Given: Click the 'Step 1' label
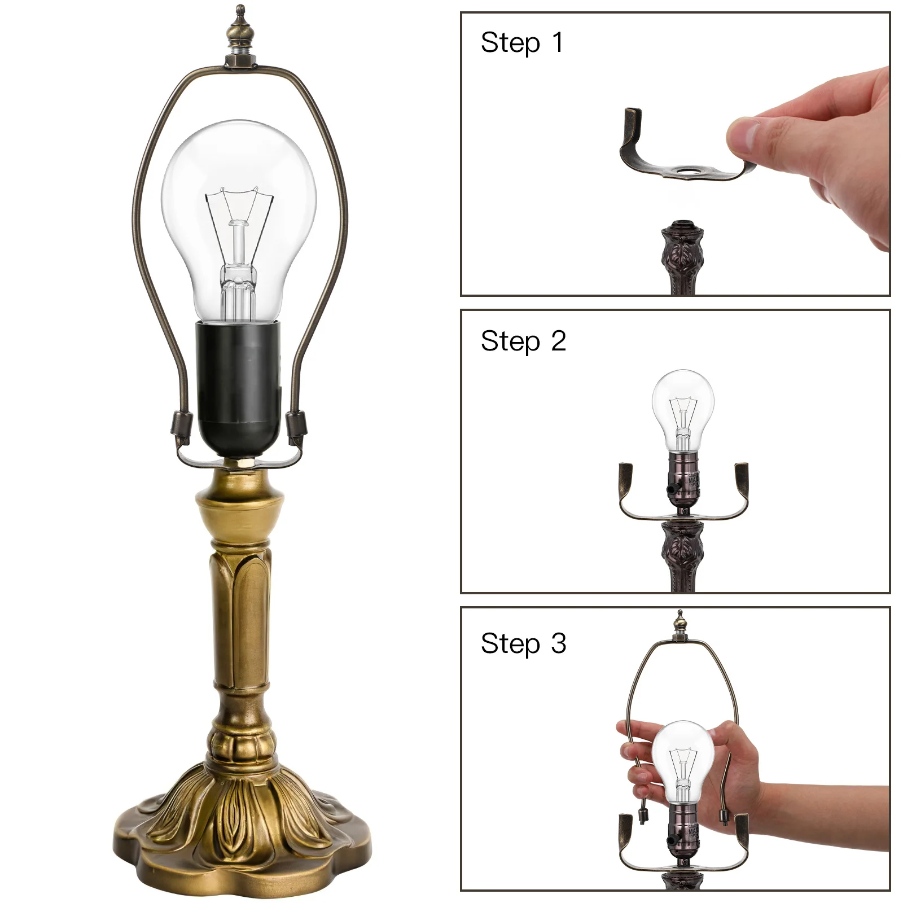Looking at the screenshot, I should click(521, 43).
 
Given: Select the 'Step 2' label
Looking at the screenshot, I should click(523, 341).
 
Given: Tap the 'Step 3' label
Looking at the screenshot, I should click(523, 643).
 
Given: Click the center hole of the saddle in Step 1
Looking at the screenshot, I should click(686, 169).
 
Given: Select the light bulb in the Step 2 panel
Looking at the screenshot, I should click(683, 406).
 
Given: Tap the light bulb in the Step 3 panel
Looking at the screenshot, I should click(683, 756).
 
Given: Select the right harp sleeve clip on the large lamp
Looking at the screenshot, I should click(296, 424).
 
